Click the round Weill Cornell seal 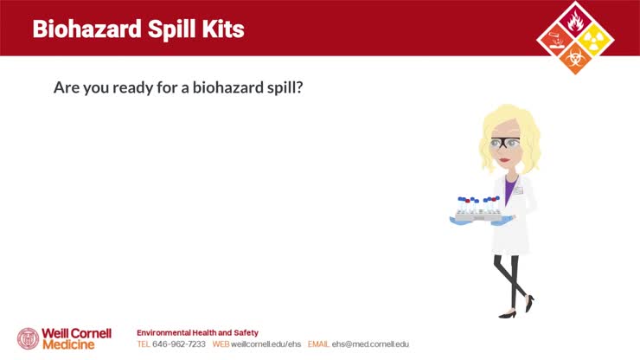coord(28,338)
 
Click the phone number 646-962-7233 coord(179,344)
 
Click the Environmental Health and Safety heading coord(197,332)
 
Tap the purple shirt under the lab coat coord(510,185)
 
